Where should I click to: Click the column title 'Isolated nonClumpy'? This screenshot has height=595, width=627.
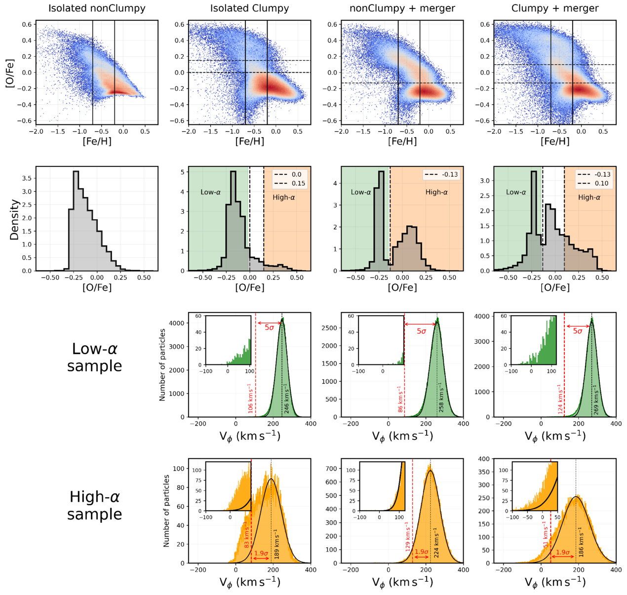(x=97, y=8)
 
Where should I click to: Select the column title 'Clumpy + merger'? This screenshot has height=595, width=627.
(x=554, y=8)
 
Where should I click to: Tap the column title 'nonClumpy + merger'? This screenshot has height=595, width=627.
(x=402, y=8)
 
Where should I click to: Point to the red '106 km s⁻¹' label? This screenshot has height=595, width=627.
(x=250, y=398)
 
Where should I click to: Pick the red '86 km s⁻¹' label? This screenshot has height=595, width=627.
(x=400, y=399)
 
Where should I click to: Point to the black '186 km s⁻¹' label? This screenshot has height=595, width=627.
(x=581, y=544)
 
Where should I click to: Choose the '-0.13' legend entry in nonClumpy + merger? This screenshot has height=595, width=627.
(x=441, y=174)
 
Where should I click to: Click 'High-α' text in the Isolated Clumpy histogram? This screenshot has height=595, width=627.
(x=283, y=198)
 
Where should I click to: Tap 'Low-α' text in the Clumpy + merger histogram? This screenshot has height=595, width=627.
(x=516, y=192)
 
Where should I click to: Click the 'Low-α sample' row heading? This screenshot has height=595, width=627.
(x=95, y=357)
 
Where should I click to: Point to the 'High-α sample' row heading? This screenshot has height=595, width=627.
(x=95, y=505)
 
